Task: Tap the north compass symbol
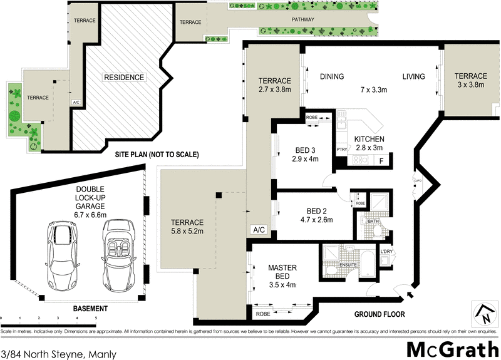483,313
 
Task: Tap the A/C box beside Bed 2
259,230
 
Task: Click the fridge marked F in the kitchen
381,161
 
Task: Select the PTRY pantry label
342,150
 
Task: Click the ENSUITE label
348,265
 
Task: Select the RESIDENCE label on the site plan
123,78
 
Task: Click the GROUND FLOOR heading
380,314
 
